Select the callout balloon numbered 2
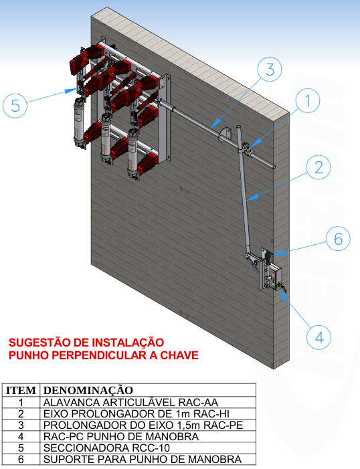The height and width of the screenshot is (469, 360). click(x=319, y=167)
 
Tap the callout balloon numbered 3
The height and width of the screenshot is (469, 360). click(x=268, y=70)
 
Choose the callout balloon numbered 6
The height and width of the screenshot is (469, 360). click(x=337, y=239)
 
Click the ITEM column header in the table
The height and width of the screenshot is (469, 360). click(x=21, y=390)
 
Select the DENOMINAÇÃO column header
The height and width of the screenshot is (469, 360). click(x=88, y=390)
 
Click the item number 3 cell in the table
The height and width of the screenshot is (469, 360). click(x=21, y=425)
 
